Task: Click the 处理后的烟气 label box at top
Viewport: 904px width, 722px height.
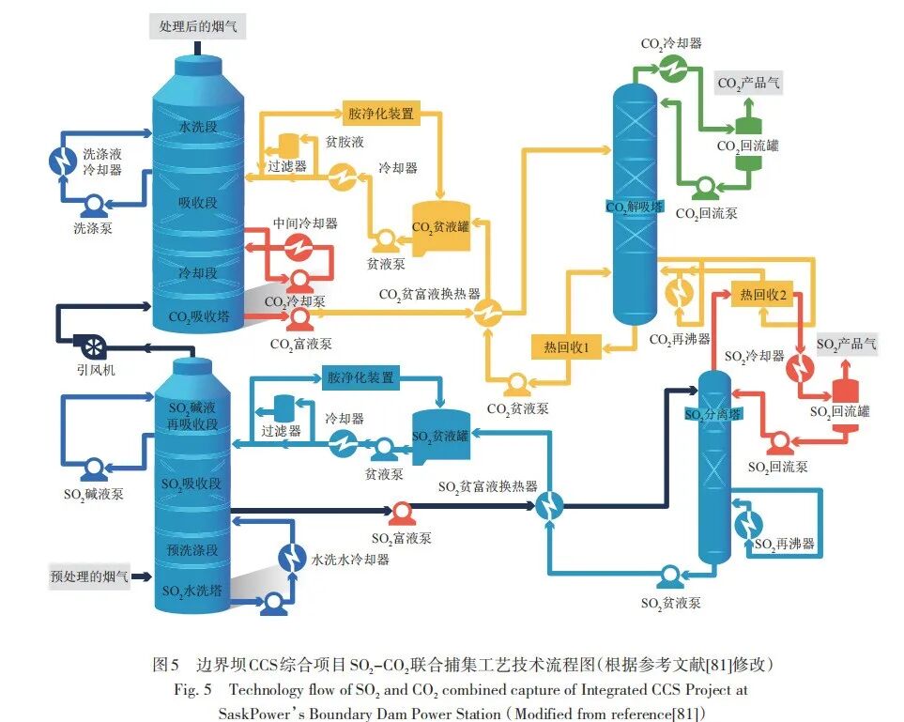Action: (x=197, y=27)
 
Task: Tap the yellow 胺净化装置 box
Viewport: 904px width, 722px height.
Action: (x=380, y=113)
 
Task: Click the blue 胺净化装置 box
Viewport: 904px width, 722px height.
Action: (x=360, y=377)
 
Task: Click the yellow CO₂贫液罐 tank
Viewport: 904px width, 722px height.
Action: (x=440, y=226)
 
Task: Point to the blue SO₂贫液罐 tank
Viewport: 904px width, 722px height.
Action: (x=440, y=434)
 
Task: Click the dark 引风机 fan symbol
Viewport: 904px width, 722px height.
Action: (x=92, y=345)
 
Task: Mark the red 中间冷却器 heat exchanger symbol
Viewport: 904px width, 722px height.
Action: (x=299, y=247)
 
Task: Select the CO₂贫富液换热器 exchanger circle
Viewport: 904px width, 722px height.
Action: (x=486, y=315)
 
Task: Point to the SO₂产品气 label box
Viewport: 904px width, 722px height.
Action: (x=846, y=345)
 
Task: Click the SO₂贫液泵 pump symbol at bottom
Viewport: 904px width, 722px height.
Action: (x=670, y=576)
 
